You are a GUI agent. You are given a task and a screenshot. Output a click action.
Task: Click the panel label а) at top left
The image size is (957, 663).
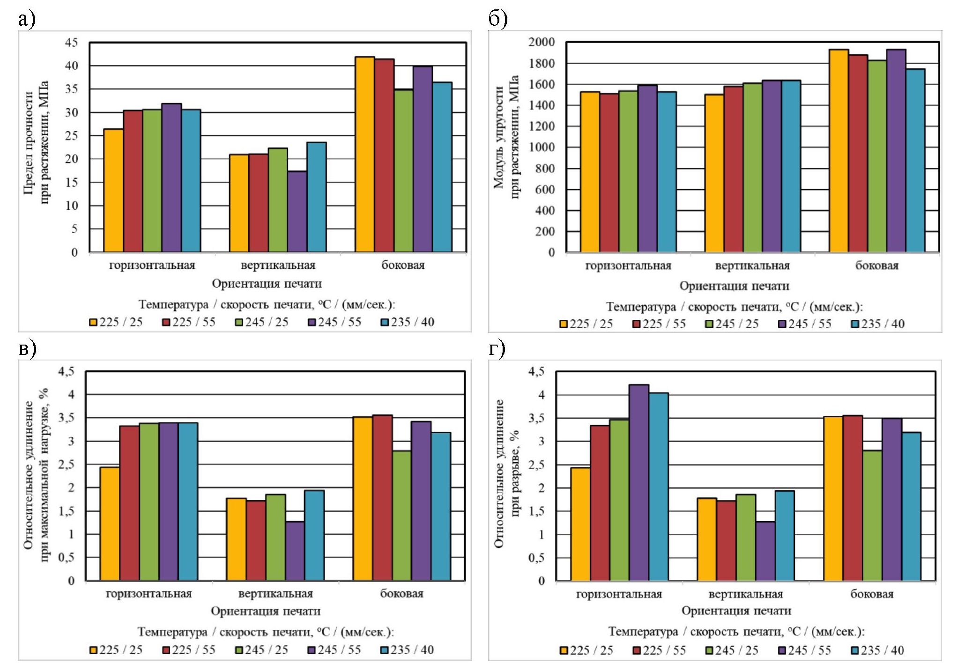(27, 20)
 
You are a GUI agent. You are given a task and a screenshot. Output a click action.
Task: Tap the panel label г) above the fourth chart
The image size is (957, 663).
(497, 349)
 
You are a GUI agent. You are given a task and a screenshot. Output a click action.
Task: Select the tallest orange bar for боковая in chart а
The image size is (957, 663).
(364, 155)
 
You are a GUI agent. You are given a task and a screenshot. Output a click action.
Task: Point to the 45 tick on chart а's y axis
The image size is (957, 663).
(72, 43)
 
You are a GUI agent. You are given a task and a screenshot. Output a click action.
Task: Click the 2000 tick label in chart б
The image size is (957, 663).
(542, 42)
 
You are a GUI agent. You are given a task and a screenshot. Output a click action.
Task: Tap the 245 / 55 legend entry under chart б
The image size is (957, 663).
(804, 324)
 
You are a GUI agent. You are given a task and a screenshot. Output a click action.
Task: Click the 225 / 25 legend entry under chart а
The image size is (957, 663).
(116, 322)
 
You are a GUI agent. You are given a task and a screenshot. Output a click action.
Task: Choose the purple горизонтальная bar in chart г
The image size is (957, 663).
(639, 483)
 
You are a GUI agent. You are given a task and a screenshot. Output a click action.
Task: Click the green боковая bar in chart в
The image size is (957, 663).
(402, 516)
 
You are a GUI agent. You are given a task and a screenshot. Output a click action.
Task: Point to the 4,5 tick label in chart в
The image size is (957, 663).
(66, 372)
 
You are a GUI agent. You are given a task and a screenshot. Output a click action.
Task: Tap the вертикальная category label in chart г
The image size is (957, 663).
(745, 594)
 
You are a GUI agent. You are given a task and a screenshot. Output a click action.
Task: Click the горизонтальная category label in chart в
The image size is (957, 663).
(149, 594)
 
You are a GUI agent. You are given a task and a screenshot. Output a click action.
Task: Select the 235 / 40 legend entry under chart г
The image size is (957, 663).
(877, 650)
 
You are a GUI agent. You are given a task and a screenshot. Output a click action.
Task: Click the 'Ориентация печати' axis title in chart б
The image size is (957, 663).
(734, 286)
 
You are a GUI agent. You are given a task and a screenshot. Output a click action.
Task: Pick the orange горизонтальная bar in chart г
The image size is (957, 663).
(580, 524)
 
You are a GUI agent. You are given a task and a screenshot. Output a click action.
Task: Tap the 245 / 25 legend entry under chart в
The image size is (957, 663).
(261, 650)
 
